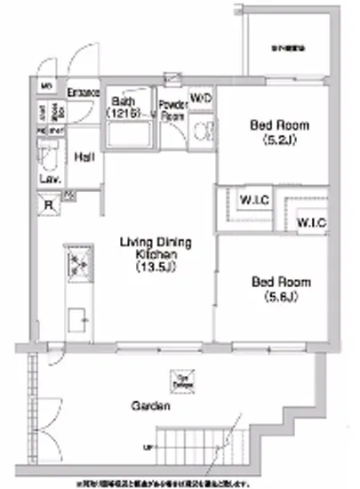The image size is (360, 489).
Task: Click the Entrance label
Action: pos(84,92)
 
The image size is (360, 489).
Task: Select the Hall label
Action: pos(84,157)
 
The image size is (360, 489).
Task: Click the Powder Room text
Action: pos(172,109)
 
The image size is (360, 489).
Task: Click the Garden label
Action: pos(147,406)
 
